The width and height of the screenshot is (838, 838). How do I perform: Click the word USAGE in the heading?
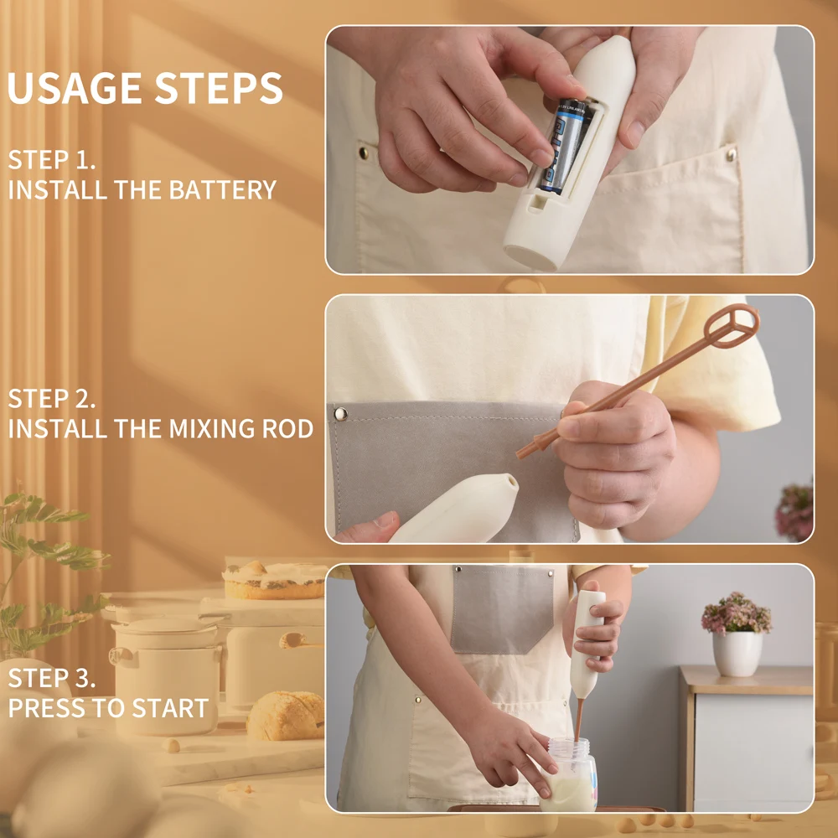point(75,88)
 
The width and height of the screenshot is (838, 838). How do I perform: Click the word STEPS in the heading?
point(219,88)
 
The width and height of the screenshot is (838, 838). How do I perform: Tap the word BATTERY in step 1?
point(222,189)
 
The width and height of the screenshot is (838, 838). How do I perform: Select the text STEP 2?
point(52,399)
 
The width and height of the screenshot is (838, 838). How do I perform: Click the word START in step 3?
point(170,708)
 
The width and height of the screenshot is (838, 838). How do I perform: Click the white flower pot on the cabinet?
point(737,654)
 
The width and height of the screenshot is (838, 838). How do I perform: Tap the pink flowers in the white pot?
point(737,613)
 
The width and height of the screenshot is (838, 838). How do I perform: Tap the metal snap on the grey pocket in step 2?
point(340,414)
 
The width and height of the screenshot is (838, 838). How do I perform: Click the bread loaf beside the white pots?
point(286,716)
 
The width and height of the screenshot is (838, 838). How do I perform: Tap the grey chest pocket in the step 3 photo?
point(502,609)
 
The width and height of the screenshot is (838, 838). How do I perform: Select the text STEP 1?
point(52,160)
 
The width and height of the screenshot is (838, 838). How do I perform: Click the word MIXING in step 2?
point(211,428)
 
